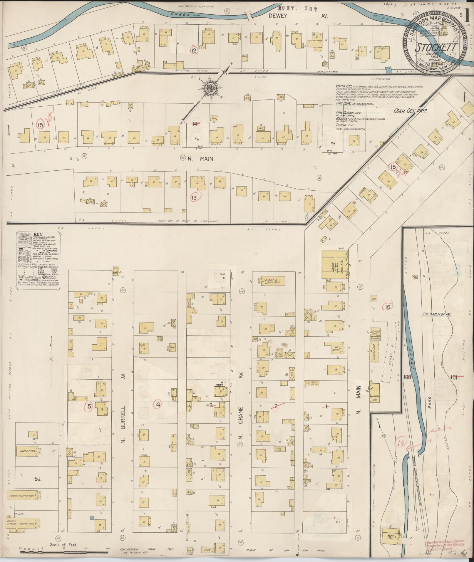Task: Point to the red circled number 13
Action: click(x=194, y=197)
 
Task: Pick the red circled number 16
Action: click(x=388, y=307)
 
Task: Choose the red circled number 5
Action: click(x=89, y=407)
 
